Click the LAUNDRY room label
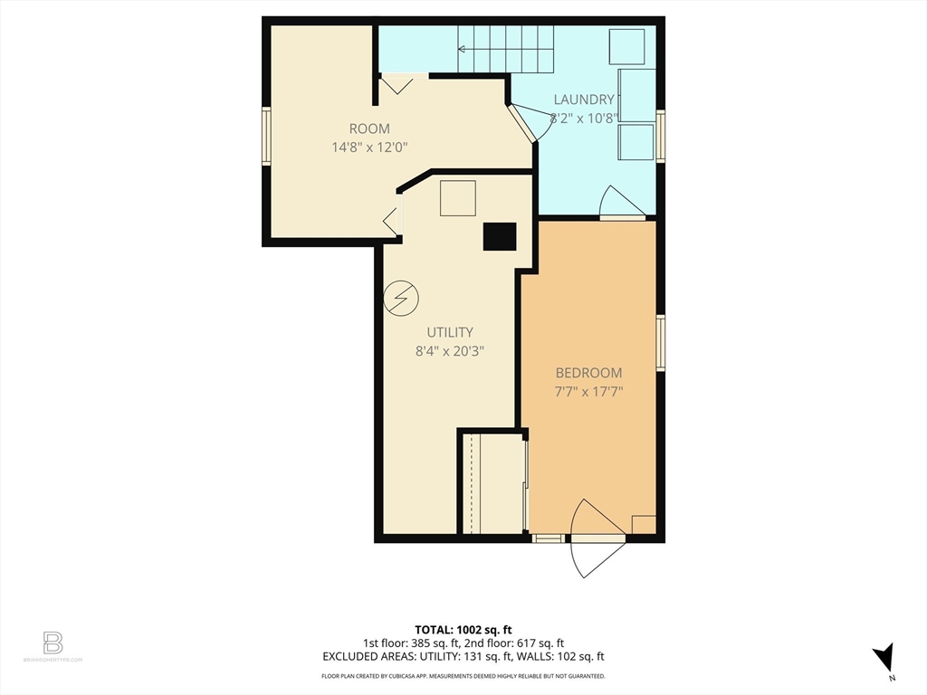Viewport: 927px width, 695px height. click(584, 100)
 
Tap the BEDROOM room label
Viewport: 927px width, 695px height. click(588, 373)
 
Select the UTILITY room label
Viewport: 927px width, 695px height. click(450, 332)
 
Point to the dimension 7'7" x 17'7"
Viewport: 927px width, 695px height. click(588, 392)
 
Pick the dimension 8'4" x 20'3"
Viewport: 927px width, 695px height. click(450, 351)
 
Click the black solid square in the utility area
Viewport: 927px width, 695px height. click(499, 236)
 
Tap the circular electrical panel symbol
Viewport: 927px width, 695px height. click(401, 297)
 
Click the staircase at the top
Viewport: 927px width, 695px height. click(505, 49)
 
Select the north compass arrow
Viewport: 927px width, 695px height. click(884, 658)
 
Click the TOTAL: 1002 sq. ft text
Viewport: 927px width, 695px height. click(463, 629)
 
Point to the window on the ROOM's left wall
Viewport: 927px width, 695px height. click(266, 136)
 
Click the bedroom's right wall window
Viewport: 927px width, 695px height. click(661, 342)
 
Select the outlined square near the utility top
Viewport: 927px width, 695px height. click(458, 197)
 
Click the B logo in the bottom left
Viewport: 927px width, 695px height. click(53, 643)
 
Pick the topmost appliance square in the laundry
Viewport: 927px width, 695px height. click(626, 46)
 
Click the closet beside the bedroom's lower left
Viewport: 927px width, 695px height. click(493, 484)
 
